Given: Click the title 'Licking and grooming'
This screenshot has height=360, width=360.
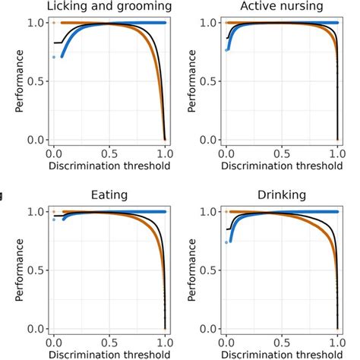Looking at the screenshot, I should (109, 7).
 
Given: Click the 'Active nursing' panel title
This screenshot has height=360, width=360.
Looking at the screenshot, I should (282, 7).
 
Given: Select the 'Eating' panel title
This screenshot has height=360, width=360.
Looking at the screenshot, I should (109, 195).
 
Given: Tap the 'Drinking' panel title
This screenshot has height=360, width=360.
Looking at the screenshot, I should (282, 195).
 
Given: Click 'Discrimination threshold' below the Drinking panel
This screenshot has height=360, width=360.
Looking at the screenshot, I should (282, 353).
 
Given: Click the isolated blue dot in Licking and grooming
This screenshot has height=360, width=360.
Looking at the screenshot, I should (53, 57).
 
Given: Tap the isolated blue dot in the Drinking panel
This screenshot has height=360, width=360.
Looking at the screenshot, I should (226, 242).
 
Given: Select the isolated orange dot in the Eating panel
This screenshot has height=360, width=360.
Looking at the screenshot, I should (53, 212).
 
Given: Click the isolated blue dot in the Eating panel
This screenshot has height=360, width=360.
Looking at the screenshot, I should (53, 219).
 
